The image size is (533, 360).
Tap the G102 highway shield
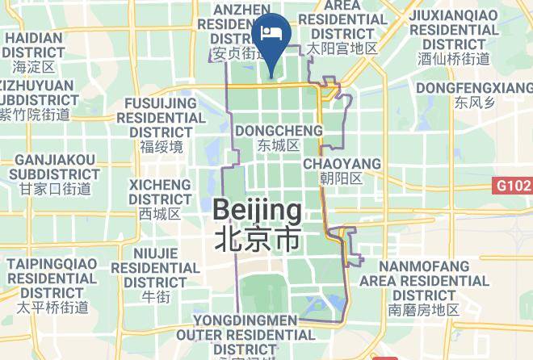coord(514,186)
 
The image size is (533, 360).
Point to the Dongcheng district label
coord(278,131)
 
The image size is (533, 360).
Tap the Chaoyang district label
coord(342,164)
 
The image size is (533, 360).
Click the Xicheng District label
coord(160,190)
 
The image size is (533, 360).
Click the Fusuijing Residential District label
coord(162,117)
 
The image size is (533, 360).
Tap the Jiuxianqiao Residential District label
coord(453,29)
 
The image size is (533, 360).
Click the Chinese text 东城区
coord(278,146)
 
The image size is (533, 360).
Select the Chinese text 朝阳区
coord(342,178)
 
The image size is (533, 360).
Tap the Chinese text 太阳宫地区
coord(342,49)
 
